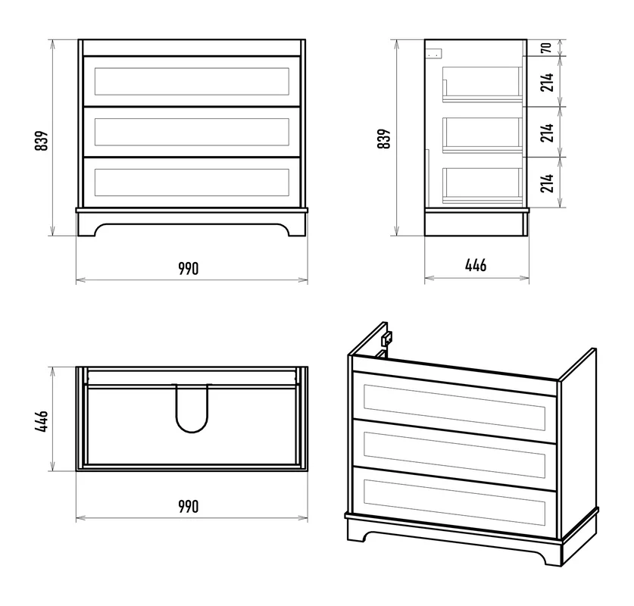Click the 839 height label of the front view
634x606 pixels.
click(x=42, y=140)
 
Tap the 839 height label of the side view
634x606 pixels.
click(x=384, y=139)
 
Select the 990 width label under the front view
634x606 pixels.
click(x=189, y=268)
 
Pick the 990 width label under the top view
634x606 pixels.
click(x=189, y=506)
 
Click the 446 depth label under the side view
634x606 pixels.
click(x=476, y=265)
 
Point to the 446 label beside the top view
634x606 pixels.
click(x=42, y=421)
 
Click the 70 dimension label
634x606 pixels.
click(x=546, y=48)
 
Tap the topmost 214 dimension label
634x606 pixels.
click(x=547, y=82)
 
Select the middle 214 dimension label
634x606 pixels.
click(x=547, y=133)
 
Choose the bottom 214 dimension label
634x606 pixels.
click(x=547, y=183)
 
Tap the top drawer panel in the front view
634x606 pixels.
click(x=192, y=81)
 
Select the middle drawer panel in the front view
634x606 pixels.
click(x=192, y=132)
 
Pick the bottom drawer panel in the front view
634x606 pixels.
click(x=192, y=183)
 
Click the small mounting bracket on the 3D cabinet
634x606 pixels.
click(x=387, y=338)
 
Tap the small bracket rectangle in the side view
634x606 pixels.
click(x=435, y=53)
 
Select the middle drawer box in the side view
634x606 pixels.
click(x=482, y=135)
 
